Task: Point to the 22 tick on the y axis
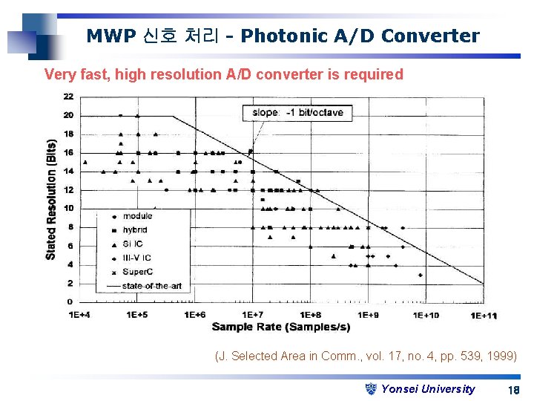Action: pyautogui.click(x=68, y=97)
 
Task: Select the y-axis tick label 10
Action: pyautogui.click(x=68, y=209)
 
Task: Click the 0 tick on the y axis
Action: pyautogui.click(x=70, y=302)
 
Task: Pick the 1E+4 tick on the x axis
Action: pyautogui.click(x=80, y=315)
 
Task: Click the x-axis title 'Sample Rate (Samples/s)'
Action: pyautogui.click(x=281, y=327)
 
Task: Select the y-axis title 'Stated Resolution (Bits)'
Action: pyautogui.click(x=51, y=199)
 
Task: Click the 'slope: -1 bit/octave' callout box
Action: pyautogui.click(x=297, y=113)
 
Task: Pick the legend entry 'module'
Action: pyautogui.click(x=137, y=216)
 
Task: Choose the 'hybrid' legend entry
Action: pyautogui.click(x=135, y=230)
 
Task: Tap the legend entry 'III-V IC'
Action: pyautogui.click(x=137, y=258)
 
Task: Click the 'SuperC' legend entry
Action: pyautogui.click(x=137, y=272)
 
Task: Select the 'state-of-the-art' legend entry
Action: pyautogui.click(x=151, y=286)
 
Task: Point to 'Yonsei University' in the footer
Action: pyautogui.click(x=428, y=389)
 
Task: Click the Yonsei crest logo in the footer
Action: pyautogui.click(x=372, y=388)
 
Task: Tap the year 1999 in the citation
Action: pyautogui.click(x=502, y=356)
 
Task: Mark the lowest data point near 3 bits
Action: pyautogui.click(x=421, y=275)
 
